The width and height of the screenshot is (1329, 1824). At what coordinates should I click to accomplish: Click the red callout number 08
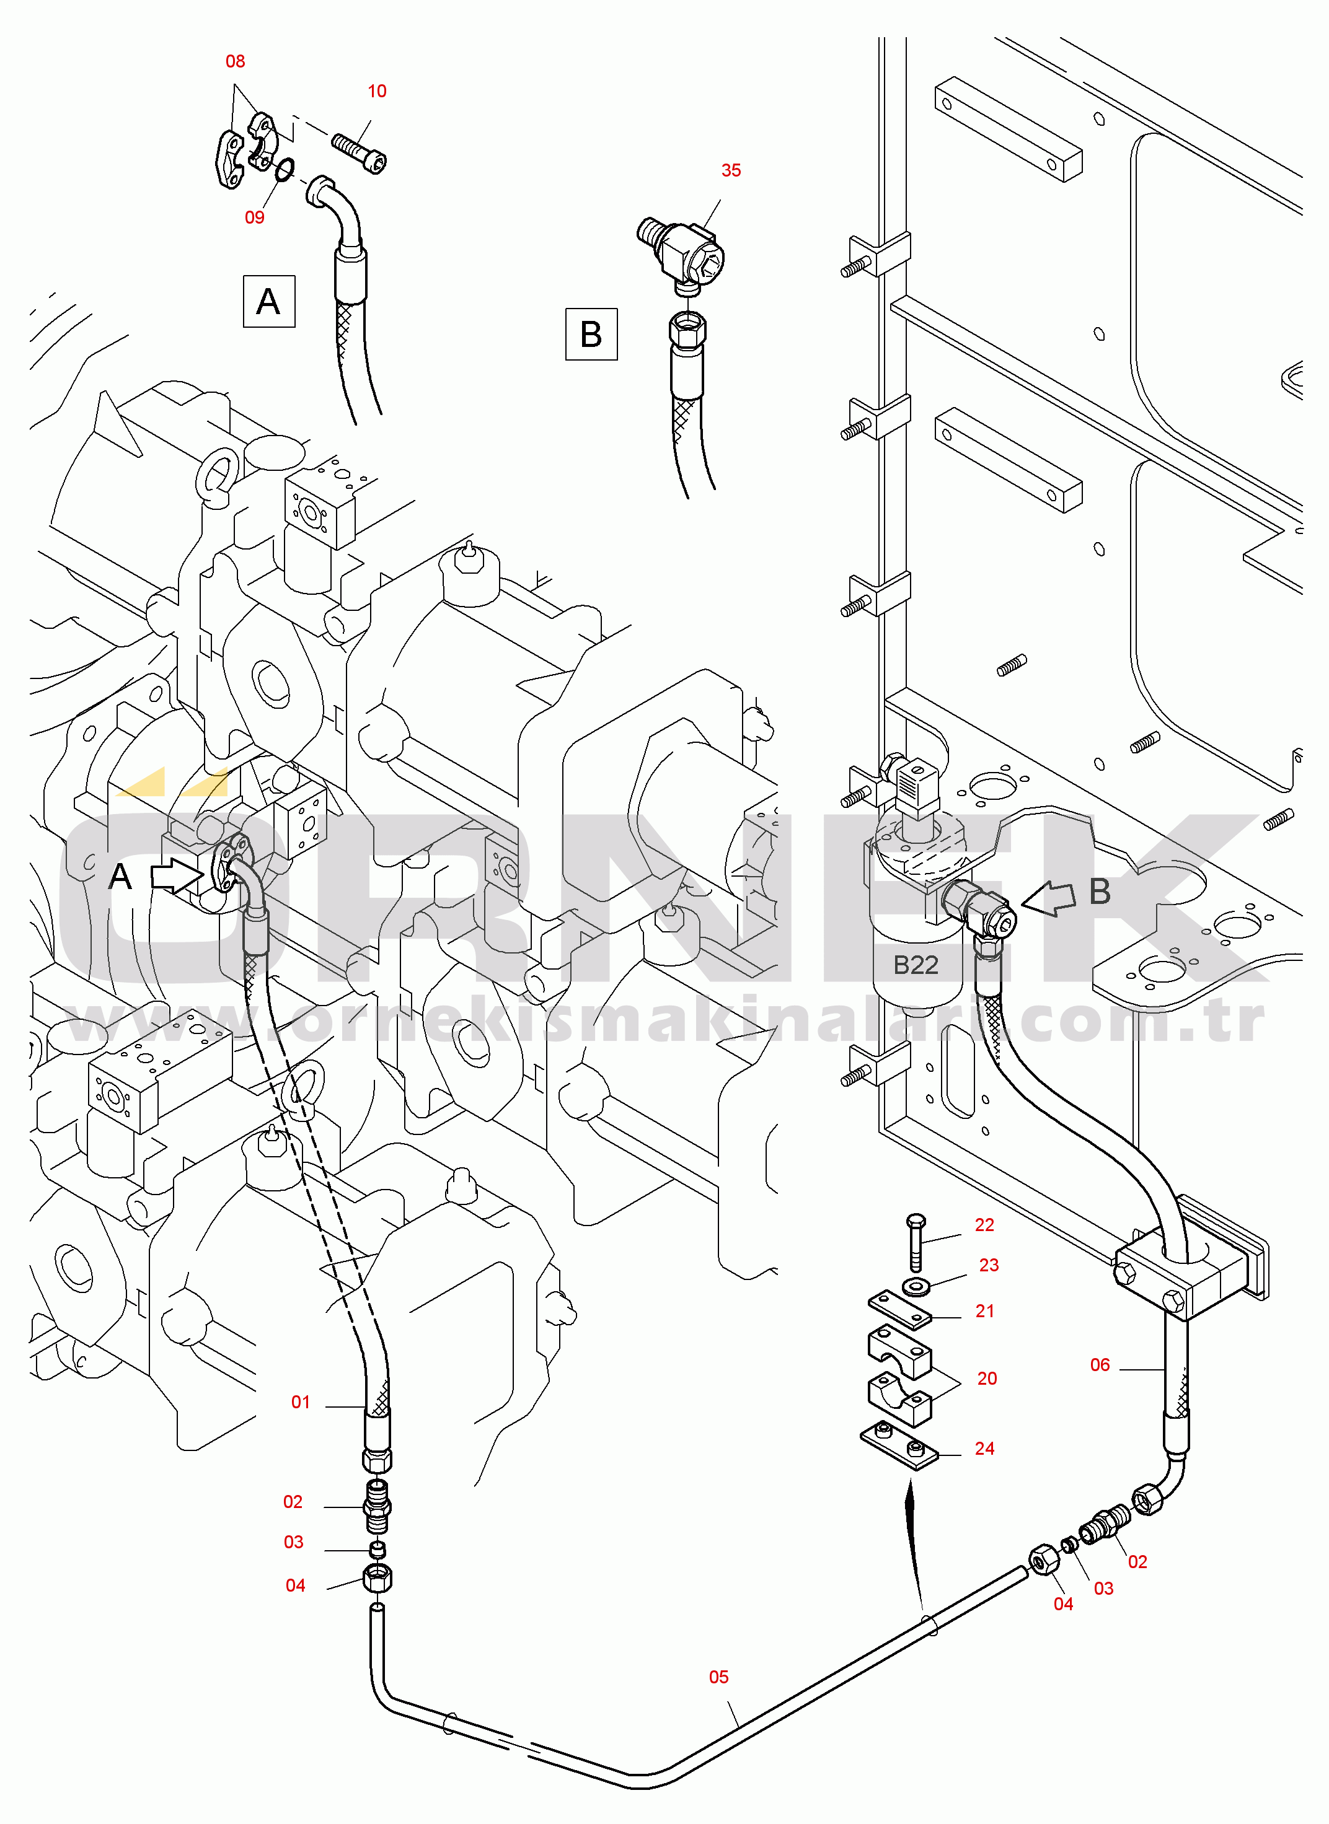tap(235, 61)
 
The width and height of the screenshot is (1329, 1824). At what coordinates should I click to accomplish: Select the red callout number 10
tap(376, 91)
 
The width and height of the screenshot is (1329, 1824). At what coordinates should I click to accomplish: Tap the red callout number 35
tap(730, 170)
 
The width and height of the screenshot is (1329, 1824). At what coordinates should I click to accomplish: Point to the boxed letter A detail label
tap(268, 302)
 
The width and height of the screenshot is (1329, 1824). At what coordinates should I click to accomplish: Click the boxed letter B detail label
tap(591, 334)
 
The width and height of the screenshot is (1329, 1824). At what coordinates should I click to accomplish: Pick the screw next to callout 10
tap(359, 152)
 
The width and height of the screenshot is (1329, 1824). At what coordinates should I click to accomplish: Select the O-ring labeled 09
tap(283, 169)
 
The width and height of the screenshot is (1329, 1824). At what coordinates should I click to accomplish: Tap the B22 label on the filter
tap(916, 964)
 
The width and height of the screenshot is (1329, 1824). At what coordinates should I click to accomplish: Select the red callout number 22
tap(984, 1225)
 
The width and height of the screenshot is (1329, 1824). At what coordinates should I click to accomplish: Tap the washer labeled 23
tap(916, 1287)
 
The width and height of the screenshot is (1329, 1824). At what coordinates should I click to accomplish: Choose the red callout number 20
tap(986, 1379)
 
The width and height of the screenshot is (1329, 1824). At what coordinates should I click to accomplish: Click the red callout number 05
tap(718, 1677)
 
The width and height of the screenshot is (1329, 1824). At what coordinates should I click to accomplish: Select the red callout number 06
tap(1100, 1365)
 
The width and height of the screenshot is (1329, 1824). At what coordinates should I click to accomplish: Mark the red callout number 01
tap(300, 1403)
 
